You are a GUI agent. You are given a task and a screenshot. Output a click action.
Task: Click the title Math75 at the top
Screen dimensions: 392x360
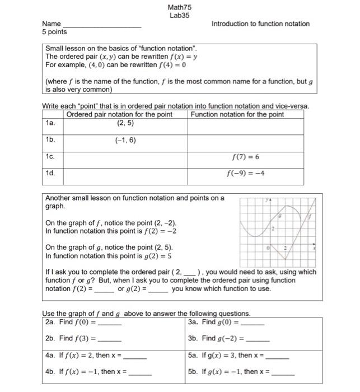point(179,7)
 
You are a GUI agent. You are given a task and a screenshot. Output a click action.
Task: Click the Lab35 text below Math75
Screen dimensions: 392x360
point(179,15)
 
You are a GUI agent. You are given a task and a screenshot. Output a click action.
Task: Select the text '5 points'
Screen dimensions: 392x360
point(54,32)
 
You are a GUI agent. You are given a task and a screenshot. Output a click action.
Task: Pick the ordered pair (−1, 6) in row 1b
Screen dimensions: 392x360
point(125,141)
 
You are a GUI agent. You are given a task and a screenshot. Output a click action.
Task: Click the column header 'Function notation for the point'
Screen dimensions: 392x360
point(237,115)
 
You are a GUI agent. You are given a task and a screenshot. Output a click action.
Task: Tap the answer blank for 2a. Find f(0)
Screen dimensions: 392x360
point(110,324)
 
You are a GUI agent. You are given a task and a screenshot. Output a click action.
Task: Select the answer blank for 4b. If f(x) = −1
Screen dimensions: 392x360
point(140,372)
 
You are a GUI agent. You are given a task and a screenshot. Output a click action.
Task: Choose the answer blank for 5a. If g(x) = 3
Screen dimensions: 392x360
point(278,356)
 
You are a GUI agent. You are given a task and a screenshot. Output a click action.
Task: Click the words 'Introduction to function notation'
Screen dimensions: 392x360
point(260,24)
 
